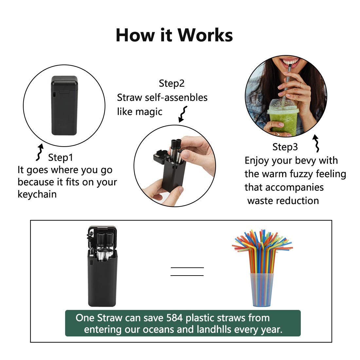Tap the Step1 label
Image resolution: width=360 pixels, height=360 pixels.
coord(61,157)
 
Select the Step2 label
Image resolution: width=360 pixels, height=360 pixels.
coord(171,83)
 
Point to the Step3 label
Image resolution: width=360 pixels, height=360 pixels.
coord(285,147)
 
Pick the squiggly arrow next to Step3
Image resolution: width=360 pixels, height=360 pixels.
coord(316,143)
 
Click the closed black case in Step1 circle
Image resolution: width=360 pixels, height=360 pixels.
coord(64,105)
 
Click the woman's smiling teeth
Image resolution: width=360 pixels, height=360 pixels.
coord(290,61)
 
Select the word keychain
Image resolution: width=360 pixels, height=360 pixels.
coord(37,194)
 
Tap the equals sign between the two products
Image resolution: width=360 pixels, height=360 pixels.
coord(187,272)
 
